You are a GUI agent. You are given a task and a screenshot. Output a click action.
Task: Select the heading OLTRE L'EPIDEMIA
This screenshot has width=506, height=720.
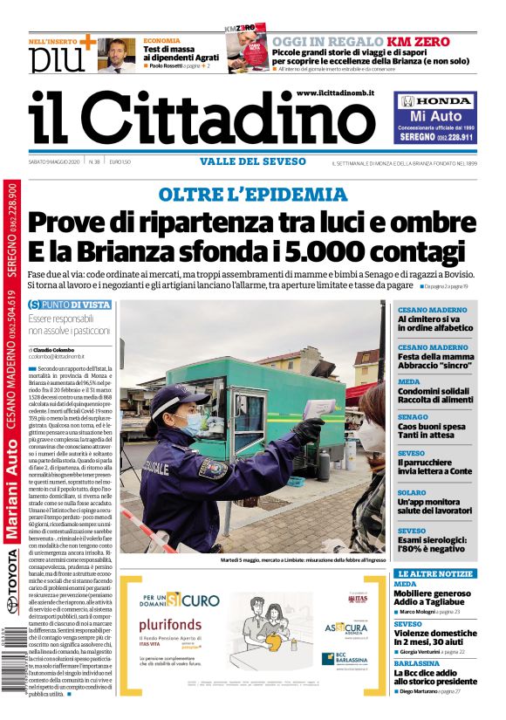coord(252,194)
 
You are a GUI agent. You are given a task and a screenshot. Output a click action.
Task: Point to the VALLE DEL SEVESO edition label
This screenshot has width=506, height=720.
coord(252,161)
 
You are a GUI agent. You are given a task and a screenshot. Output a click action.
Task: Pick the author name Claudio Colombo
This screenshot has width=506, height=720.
coord(62,349)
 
